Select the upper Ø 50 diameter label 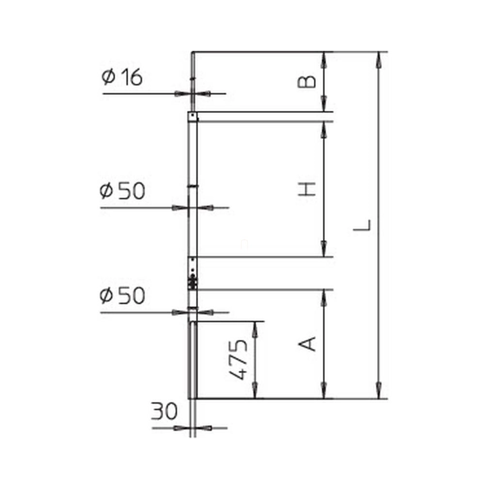point(122,191)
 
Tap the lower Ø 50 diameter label point(122,295)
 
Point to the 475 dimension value point(238,360)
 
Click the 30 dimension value point(164,411)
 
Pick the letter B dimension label point(306,81)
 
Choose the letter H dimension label point(306,189)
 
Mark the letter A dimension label point(307,344)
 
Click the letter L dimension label point(362,225)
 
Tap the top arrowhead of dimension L point(379,59)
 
